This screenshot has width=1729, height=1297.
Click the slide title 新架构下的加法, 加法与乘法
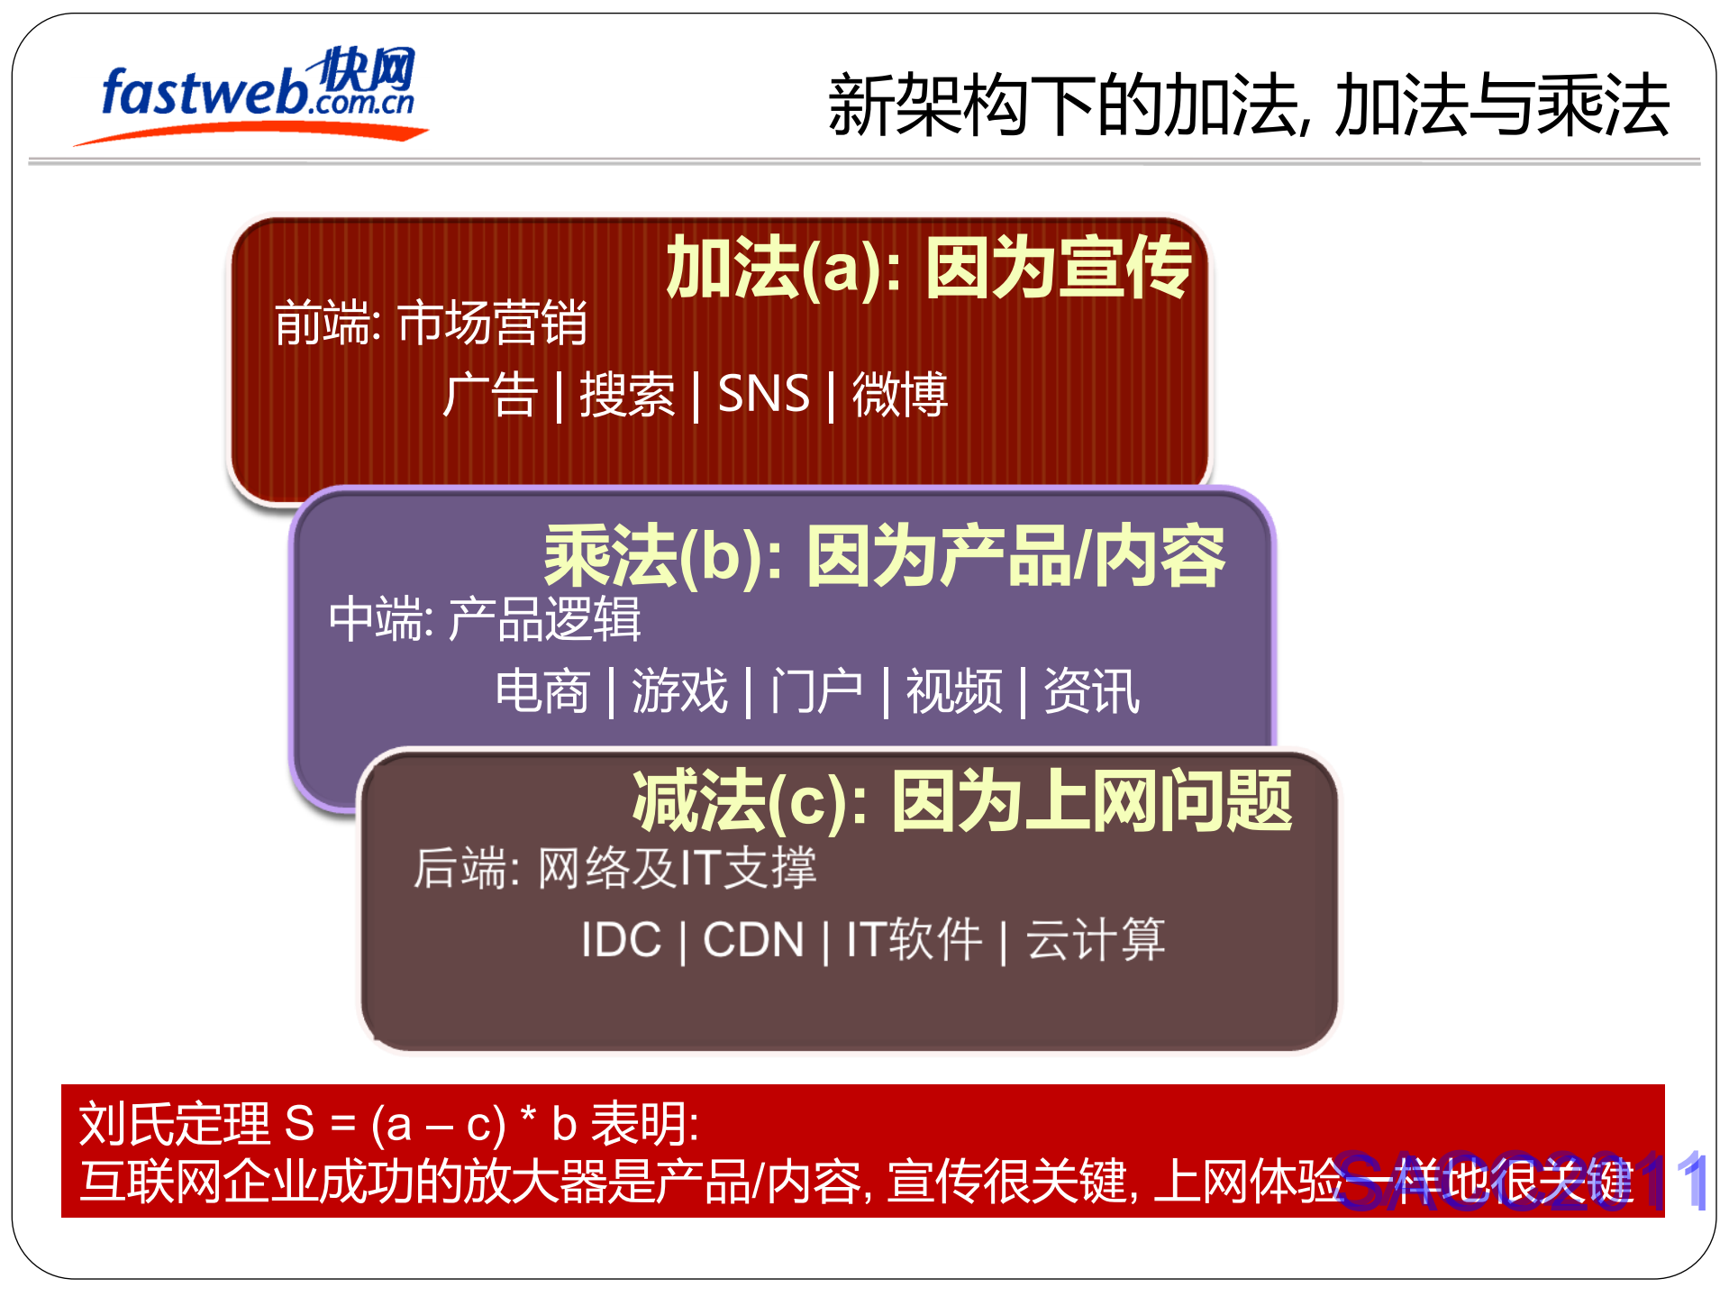tap(1248, 106)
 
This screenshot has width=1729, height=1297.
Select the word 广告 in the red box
tap(490, 395)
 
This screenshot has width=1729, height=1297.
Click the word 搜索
tap(627, 395)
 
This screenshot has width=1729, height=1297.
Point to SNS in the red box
tap(763, 394)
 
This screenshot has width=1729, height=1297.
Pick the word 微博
tap(899, 395)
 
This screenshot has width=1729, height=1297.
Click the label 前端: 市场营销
tap(431, 323)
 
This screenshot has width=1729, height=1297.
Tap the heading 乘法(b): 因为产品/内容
tap(884, 556)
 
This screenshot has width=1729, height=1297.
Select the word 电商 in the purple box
tap(541, 691)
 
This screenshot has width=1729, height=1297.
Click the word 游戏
tap(679, 691)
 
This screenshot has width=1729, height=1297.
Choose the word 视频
tap(953, 691)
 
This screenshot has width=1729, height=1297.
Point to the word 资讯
tap(1091, 691)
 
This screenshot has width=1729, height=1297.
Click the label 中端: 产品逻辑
tap(485, 619)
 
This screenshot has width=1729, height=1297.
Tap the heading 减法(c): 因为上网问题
tap(962, 801)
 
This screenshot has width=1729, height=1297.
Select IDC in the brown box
tap(621, 940)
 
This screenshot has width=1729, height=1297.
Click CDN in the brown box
tap(753, 940)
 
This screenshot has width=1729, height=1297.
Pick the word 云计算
tap(1096, 940)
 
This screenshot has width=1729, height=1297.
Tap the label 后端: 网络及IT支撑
tap(614, 868)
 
